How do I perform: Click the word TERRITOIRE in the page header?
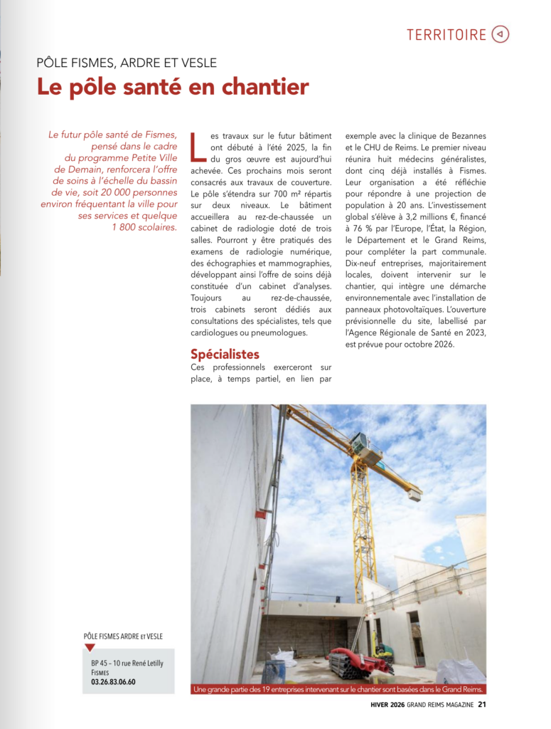(446, 34)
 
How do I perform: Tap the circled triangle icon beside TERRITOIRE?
(501, 34)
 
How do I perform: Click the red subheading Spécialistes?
(225, 354)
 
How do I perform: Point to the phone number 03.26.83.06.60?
(113, 681)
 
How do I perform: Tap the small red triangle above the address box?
(90, 648)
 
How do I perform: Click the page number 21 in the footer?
(481, 706)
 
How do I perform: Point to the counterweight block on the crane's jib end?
(414, 494)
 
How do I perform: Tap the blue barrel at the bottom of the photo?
(274, 671)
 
